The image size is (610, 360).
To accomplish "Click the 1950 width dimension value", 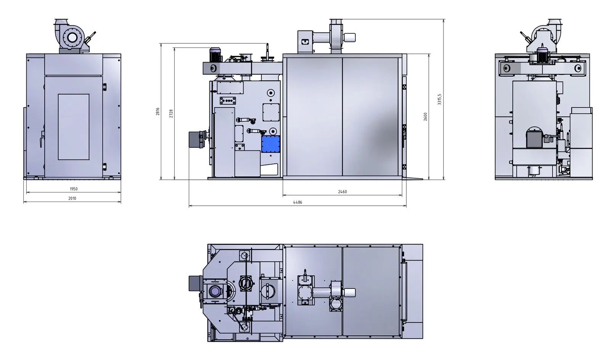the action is pos(74,189).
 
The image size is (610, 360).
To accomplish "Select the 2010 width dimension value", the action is pos(72,198).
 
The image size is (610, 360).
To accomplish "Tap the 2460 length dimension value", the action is pos(342,192).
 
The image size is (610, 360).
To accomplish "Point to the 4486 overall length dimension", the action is pos(297,202).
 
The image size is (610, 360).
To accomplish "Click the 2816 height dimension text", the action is pos(158,112).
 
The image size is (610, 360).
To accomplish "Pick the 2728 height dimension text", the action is pos(171,114).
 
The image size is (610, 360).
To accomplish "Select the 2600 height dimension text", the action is pos(425,117).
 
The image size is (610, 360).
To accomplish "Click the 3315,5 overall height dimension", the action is pos(439,99).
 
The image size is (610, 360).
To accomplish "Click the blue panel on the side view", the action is pos(271,144).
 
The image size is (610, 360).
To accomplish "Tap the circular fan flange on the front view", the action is pos(72,38).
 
